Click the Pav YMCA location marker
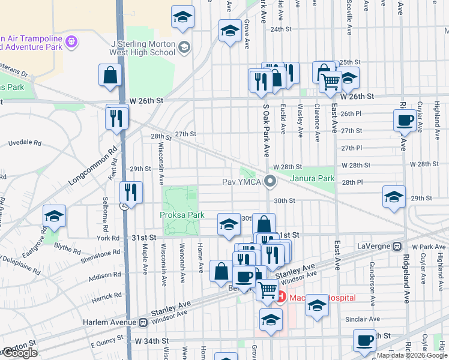[x=271, y=180]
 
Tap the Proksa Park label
[x=182, y=215]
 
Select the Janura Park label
[x=312, y=178]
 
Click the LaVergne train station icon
[x=397, y=247]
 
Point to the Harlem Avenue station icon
[x=143, y=322]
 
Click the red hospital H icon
[x=281, y=298]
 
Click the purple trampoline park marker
[x=72, y=41]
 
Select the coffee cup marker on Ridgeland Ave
[x=405, y=120]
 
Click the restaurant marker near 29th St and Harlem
[x=130, y=193]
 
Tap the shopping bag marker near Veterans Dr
[x=110, y=76]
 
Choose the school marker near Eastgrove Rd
[x=54, y=217]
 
